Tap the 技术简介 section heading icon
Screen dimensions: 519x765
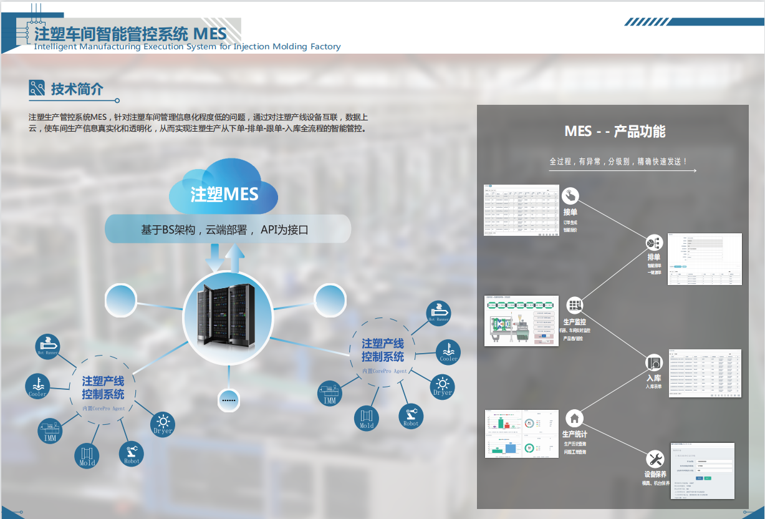[37, 89]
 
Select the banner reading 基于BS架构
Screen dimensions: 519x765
[228, 229]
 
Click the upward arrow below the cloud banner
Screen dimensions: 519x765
[235, 258]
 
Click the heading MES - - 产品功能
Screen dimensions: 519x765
[615, 131]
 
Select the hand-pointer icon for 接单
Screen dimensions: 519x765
[570, 195]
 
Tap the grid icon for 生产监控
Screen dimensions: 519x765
[574, 305]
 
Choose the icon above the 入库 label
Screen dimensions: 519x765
[653, 362]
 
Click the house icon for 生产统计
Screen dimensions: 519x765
[574, 417]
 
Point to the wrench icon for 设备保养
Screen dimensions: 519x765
[655, 459]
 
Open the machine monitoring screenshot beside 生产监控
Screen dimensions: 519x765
[521, 321]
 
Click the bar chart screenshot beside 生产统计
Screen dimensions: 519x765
[521, 434]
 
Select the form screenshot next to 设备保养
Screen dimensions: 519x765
[701, 470]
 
